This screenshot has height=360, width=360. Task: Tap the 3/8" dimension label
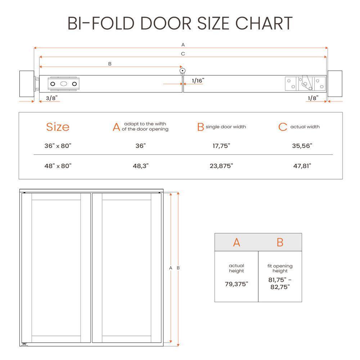51,98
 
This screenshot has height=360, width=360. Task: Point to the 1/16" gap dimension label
198,81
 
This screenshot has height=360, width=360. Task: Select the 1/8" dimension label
313,98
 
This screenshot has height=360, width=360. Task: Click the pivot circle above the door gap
183,71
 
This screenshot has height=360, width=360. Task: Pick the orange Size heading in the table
58,127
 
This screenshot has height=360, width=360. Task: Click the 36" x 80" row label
58,146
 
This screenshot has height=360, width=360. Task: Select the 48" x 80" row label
58,166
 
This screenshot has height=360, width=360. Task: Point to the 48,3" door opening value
140,166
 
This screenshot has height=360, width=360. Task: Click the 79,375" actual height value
236,284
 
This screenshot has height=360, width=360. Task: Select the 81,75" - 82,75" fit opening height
280,283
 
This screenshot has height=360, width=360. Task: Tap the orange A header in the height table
236,243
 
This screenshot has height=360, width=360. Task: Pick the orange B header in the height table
280,243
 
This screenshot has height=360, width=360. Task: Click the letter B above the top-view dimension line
110,64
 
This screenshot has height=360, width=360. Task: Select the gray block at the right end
334,84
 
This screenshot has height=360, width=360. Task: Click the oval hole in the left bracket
64,84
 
